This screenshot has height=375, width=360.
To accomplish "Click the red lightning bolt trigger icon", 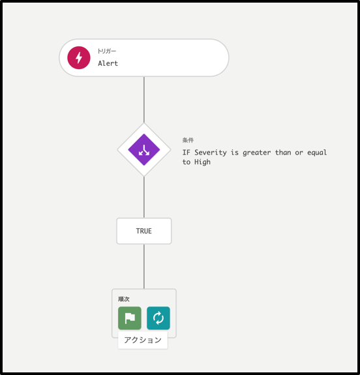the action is pos(79,57).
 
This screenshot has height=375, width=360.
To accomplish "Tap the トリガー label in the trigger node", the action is pos(107,51).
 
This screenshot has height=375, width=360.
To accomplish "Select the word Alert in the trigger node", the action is pos(108,63).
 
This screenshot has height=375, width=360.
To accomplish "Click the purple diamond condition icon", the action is pos(144,150).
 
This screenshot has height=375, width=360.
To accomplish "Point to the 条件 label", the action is pos(188,140).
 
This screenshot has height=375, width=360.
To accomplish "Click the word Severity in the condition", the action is pos(211,153).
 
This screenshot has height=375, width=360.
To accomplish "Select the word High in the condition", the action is pos(202,162).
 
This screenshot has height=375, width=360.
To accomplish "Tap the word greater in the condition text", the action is pos(257,153).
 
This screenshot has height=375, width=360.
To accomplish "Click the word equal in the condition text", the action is pos(317,153).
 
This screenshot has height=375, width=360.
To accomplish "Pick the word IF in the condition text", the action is pos(187,153).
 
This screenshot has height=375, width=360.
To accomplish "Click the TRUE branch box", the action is pos(144,231).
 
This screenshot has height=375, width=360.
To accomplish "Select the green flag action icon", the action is pos(130,318).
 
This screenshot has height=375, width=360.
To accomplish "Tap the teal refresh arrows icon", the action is pos(158,318).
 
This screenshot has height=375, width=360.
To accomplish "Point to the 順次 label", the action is pos(124,299).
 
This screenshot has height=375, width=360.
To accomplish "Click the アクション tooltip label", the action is pos(143,340).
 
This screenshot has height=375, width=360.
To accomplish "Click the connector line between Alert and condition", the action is pos(144,100).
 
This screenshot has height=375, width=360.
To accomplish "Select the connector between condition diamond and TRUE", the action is pos(144,198).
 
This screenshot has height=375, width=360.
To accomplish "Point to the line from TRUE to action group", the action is pos(144,267).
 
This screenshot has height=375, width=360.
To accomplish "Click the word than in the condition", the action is pos(283,153).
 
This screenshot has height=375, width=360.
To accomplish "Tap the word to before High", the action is pos(187,162).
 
